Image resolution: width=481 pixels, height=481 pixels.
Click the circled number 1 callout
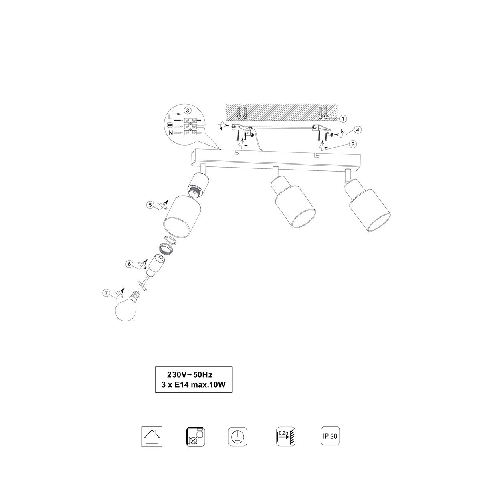pyautogui.click(x=343, y=119)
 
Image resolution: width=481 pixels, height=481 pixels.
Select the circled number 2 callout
pyautogui.click(x=353, y=144)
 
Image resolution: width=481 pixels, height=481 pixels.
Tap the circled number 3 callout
pyautogui.click(x=188, y=110)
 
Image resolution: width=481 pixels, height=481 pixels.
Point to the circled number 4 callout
pyautogui.click(x=358, y=130)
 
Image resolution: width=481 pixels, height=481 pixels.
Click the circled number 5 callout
pyautogui.click(x=150, y=205)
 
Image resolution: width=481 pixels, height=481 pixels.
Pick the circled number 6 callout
pyautogui.click(x=129, y=264)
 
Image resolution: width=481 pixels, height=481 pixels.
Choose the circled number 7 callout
pyautogui.click(x=106, y=293)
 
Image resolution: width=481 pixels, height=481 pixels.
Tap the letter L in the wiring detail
pyautogui.click(x=170, y=117)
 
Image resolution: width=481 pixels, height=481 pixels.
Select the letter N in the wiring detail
pyautogui.click(x=170, y=133)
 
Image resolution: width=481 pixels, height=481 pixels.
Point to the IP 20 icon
pyautogui.click(x=330, y=436)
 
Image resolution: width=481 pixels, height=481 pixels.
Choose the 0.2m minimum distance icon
pyautogui.click(x=285, y=437)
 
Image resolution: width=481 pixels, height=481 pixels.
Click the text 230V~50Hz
pyautogui.click(x=190, y=375)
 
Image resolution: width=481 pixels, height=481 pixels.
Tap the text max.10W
pyautogui.click(x=208, y=385)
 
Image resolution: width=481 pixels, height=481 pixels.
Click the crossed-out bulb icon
pyautogui.click(x=196, y=437)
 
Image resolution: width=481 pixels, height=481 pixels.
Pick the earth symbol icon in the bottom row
pyautogui.click(x=238, y=437)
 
